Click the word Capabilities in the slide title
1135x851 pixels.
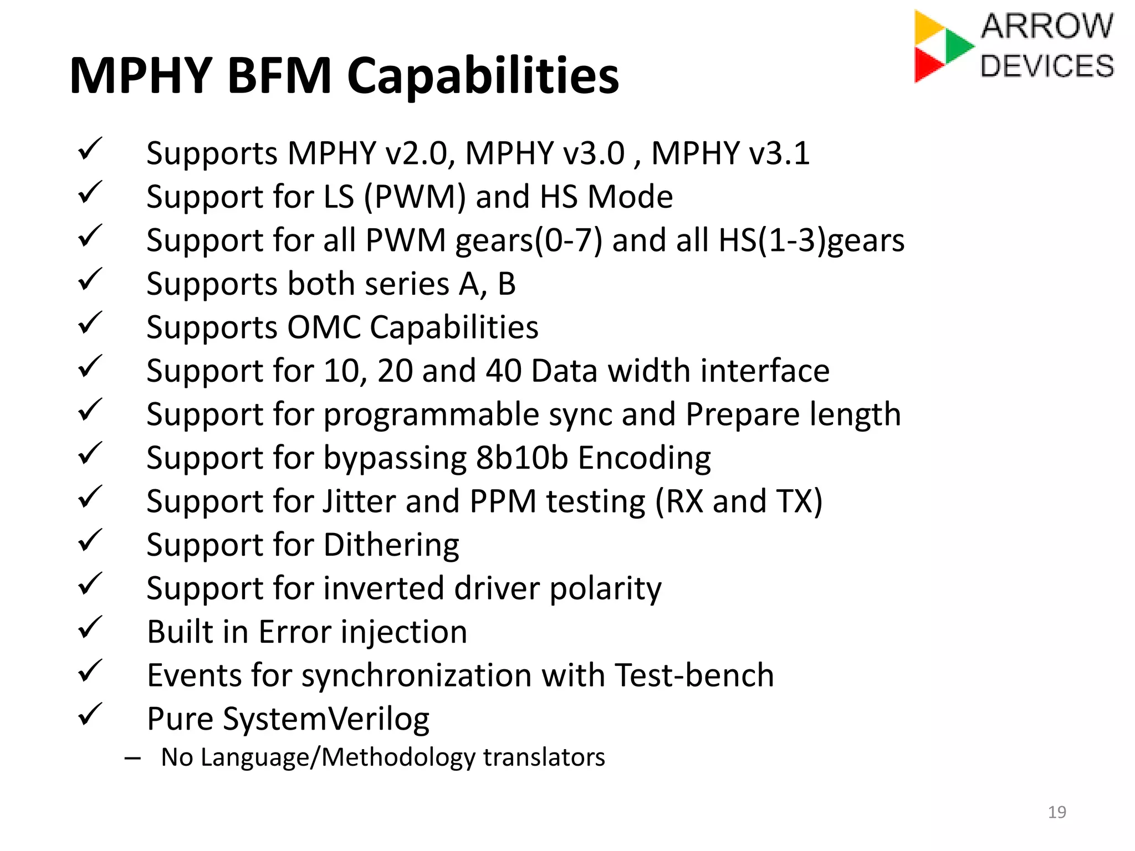coord(483,76)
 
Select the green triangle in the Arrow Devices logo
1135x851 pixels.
coord(958,45)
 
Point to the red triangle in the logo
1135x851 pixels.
coord(927,65)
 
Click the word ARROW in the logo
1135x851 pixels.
coord(1047,26)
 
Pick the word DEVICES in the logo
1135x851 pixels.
coord(1047,66)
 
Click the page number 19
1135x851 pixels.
coord(1057,812)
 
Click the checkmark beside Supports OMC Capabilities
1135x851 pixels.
coord(90,324)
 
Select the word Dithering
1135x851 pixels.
coord(391,545)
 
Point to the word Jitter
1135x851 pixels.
coord(359,501)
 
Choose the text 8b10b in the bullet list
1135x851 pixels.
coord(522,458)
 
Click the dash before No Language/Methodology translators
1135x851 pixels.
coord(132,758)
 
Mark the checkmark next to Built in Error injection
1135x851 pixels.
coord(90,628)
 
